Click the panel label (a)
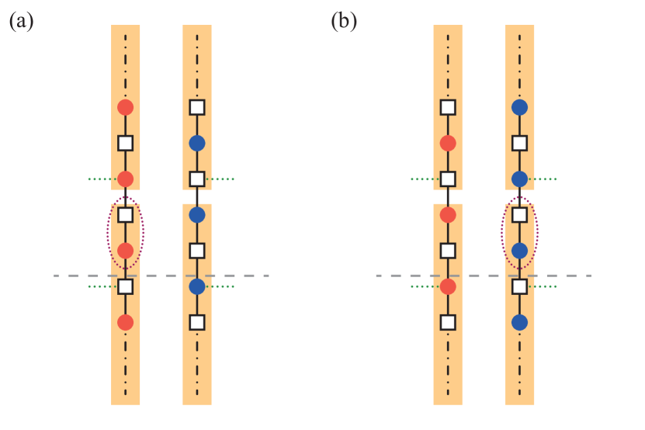(21, 21)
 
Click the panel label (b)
(344, 21)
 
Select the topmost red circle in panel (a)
(125, 107)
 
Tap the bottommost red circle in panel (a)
(125, 322)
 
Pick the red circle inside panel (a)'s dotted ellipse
(125, 251)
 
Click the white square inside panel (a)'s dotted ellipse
(125, 215)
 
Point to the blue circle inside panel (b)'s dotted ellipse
(519, 251)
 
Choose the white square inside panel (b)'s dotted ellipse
(519, 215)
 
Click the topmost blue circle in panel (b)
(519, 107)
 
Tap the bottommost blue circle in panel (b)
(519, 322)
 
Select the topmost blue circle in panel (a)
(197, 143)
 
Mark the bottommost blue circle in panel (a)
(197, 286)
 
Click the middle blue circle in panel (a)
(197, 215)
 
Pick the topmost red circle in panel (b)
(448, 143)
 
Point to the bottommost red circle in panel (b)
(448, 286)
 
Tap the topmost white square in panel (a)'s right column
(197, 107)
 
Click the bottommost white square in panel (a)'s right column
(197, 322)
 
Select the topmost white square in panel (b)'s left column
(448, 107)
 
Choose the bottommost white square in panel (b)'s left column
(448, 322)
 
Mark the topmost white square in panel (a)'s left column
(125, 143)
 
